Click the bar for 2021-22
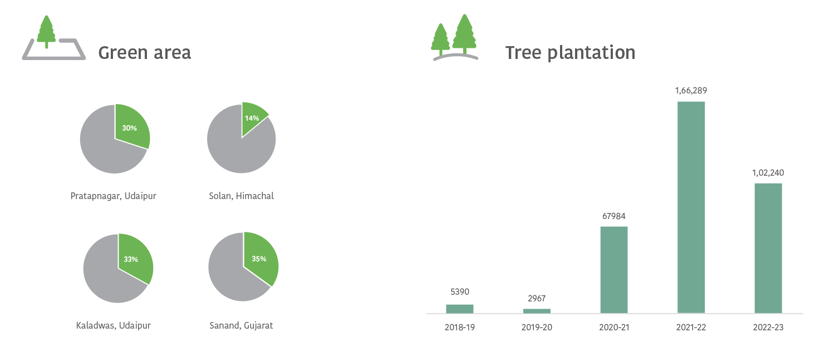point(691,207)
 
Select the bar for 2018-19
point(460,309)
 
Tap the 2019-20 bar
point(537,311)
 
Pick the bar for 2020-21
point(614,270)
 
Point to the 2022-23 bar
point(768,249)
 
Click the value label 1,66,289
point(691,91)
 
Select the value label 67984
point(614,216)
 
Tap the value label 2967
point(537,298)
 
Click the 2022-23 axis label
point(768,328)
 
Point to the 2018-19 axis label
point(460,328)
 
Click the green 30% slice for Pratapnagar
point(130,127)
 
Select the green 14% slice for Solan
point(252,117)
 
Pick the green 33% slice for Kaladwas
point(134,259)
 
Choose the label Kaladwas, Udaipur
point(114,325)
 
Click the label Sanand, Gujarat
point(241,325)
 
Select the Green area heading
point(145,52)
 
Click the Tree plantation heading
point(571,52)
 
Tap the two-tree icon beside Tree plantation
point(455,37)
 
